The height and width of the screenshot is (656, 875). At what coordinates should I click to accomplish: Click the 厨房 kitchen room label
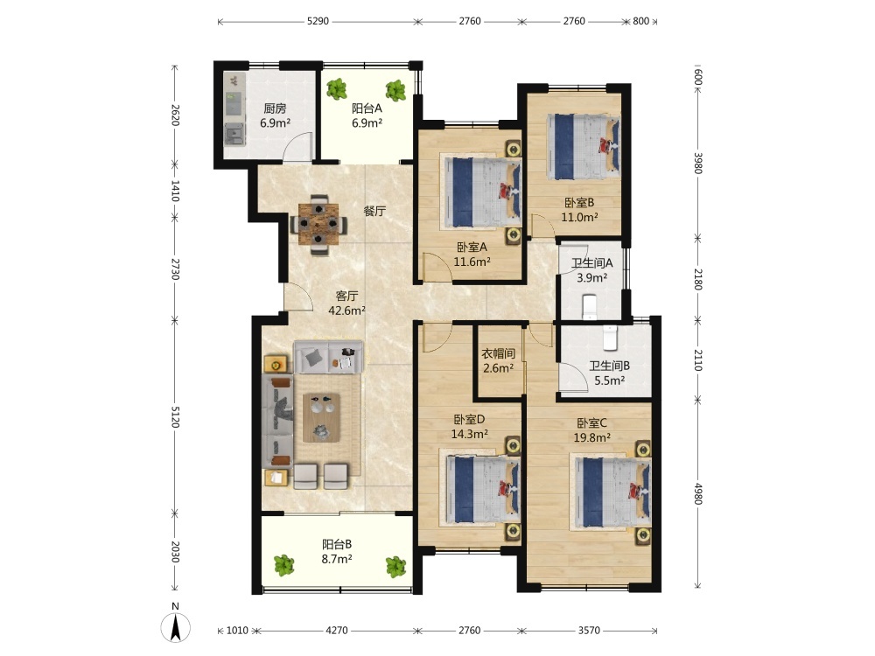[x=275, y=108]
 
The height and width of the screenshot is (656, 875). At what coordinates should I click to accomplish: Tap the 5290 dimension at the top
[x=318, y=21]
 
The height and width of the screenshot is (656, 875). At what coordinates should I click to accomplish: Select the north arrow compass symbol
[x=175, y=625]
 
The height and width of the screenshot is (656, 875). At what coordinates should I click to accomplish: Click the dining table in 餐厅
[x=318, y=224]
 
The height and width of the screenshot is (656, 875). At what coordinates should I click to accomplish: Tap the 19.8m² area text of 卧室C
[x=591, y=438]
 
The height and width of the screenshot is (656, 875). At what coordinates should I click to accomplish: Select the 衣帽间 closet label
[x=499, y=353]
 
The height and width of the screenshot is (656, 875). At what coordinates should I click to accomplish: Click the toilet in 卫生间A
[x=591, y=307]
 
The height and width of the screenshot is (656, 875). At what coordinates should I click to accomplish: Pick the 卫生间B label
[x=609, y=366]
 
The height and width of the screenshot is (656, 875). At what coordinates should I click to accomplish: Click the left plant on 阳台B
[x=284, y=565]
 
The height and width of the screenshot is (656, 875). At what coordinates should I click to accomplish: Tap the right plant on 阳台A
[x=395, y=90]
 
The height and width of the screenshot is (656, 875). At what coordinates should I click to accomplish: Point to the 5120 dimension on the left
[x=175, y=416]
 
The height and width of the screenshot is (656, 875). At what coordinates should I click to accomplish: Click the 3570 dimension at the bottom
[x=589, y=631]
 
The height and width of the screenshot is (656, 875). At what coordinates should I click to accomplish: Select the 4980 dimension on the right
[x=697, y=493]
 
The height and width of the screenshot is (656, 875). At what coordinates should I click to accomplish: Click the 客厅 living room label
[x=346, y=296]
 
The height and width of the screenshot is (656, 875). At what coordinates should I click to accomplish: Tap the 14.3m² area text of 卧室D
[x=470, y=434]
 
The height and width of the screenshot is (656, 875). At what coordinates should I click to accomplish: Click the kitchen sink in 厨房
[x=234, y=135]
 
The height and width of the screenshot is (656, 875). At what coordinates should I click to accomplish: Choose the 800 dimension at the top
[x=640, y=21]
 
